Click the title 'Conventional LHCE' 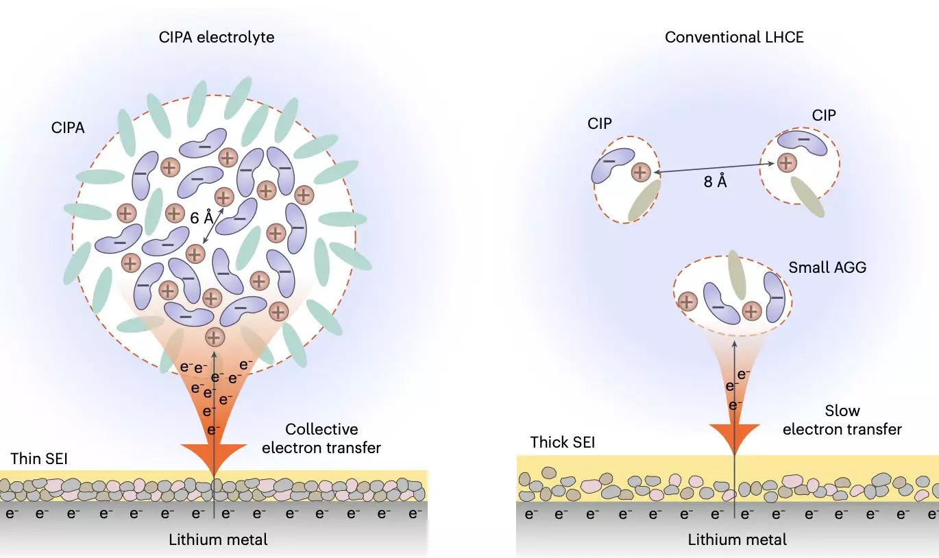point(734,37)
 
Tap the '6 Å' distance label point(202,219)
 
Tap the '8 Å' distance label point(715,182)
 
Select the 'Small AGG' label point(827,267)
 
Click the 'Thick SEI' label point(563,442)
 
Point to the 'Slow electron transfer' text point(842,420)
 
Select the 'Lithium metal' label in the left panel point(218,539)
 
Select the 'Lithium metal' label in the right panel point(737,539)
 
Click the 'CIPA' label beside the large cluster point(68,128)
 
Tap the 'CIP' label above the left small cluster point(599,123)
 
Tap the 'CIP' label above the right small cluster point(824,115)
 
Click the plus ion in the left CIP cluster point(640,172)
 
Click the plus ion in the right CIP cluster point(786,162)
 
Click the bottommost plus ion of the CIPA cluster point(215,337)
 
